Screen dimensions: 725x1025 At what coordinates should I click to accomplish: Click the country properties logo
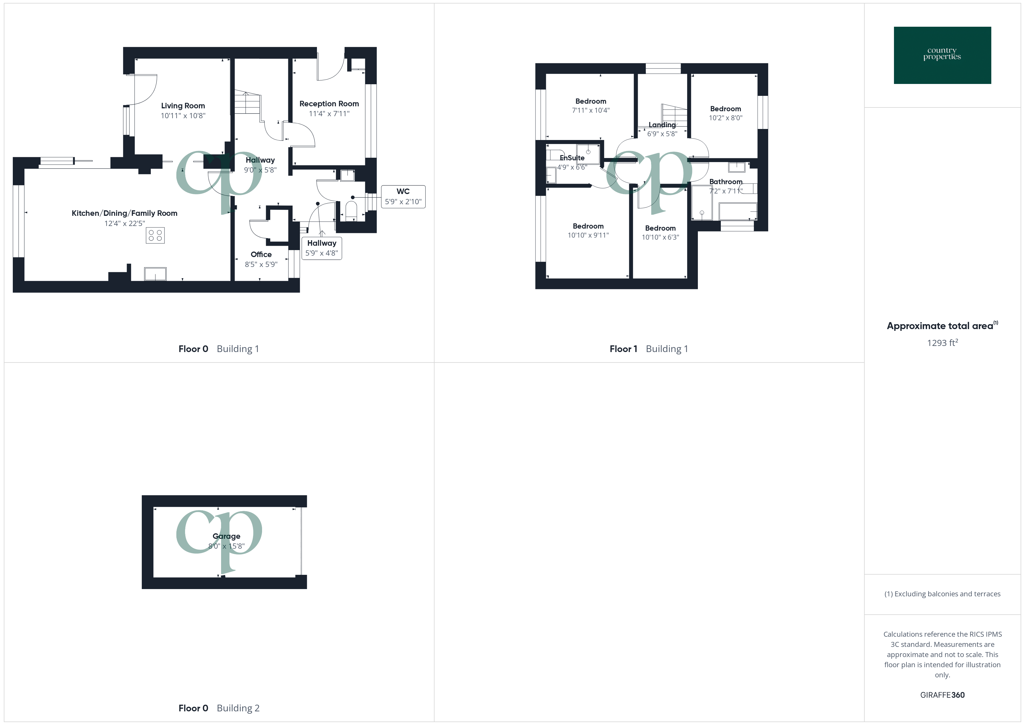click(942, 55)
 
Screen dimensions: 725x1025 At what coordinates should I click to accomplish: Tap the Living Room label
click(183, 106)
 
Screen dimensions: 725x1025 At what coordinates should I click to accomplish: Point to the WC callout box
click(403, 196)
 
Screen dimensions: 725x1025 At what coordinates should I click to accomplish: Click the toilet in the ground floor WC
click(351, 211)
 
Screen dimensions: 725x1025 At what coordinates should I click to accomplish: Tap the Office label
click(261, 254)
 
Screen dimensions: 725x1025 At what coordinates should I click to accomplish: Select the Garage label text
click(226, 536)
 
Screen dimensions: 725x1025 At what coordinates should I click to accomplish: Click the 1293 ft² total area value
click(942, 343)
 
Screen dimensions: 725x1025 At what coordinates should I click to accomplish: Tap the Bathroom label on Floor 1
click(725, 182)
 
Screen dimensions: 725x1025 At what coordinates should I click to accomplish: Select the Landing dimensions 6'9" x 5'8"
click(662, 134)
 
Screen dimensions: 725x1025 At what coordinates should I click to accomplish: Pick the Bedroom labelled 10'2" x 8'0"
click(725, 109)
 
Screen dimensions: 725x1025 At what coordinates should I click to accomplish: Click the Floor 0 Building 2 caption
click(219, 708)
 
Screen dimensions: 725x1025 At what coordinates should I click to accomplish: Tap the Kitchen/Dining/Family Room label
click(125, 213)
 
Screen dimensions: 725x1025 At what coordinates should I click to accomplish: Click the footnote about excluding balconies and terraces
click(942, 594)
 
